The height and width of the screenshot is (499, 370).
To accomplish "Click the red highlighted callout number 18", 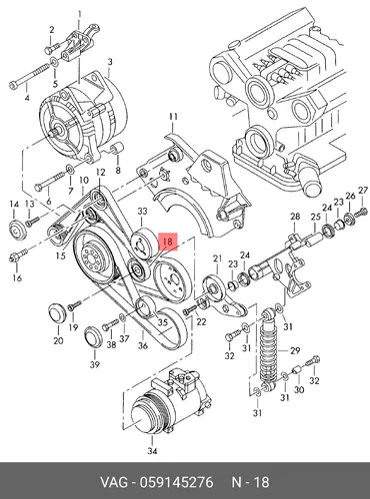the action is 168,242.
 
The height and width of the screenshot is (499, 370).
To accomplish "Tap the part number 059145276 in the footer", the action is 176,482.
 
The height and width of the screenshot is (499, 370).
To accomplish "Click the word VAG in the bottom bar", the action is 114,482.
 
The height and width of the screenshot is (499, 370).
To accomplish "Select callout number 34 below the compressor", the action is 152,451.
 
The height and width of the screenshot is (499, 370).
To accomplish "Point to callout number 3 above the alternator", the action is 110,62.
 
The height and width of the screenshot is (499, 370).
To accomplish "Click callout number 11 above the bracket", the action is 173,117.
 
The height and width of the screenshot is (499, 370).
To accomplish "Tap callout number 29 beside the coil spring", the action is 295,350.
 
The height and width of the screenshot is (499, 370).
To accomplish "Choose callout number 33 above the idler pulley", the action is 142,211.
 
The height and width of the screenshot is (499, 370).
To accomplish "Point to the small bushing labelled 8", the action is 117,149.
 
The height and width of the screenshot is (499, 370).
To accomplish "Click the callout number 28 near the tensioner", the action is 295,217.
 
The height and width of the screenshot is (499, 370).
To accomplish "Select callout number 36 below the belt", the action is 143,345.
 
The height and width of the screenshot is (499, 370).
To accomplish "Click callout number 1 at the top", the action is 80,14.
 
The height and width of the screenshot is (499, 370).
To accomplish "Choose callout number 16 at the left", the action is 17,276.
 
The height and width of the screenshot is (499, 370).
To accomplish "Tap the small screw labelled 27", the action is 362,211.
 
